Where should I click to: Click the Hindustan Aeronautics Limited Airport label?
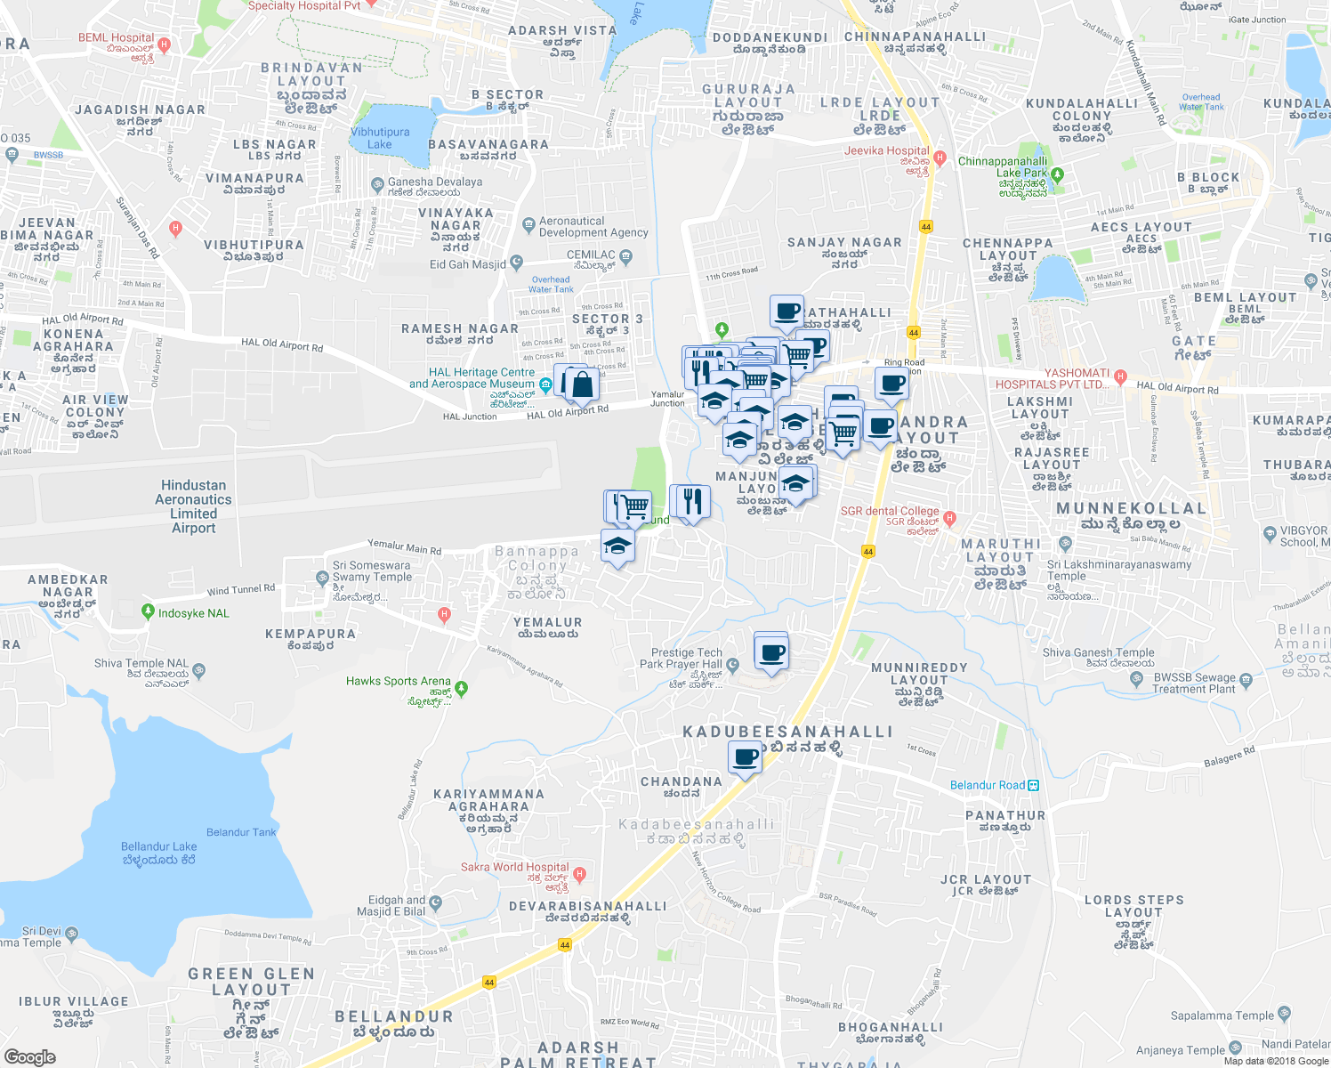193,506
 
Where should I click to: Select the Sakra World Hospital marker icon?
580,874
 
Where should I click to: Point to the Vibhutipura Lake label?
380,138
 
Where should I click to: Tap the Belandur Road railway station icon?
1033,785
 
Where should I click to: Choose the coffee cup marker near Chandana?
745,758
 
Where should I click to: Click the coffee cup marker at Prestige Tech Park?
771,654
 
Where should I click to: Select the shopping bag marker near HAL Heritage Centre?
582,385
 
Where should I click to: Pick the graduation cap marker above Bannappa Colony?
617,546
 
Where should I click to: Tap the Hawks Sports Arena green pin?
461,688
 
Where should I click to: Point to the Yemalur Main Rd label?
405,546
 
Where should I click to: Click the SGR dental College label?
890,511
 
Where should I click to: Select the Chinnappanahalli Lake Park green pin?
1057,174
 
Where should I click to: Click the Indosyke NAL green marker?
148,612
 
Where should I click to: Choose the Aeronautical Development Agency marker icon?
529,223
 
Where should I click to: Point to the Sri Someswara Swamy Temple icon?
322,578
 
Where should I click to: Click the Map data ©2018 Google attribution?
1276,1061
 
